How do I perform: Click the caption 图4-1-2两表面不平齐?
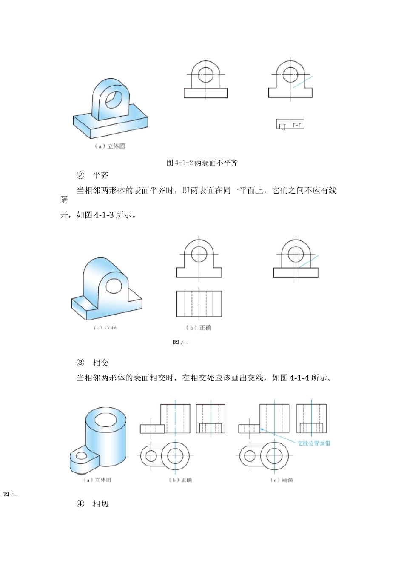[x=202, y=163]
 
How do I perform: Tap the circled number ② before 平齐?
[x=80, y=175]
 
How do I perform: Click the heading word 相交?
[x=101, y=363]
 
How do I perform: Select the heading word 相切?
[x=101, y=503]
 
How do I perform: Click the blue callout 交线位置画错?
[x=313, y=443]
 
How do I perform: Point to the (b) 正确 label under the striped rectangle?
[x=199, y=328]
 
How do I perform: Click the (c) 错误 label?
[x=282, y=480]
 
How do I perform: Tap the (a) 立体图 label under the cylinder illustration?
[x=97, y=480]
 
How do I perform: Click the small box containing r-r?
[x=297, y=124]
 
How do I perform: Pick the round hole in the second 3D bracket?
[x=114, y=286]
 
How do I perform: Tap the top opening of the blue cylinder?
[x=105, y=420]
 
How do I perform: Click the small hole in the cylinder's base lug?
[x=81, y=456]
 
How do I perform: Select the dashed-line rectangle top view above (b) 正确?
[x=199, y=304]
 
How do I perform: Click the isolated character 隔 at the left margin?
[x=64, y=200]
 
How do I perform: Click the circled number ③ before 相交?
[x=80, y=363]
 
